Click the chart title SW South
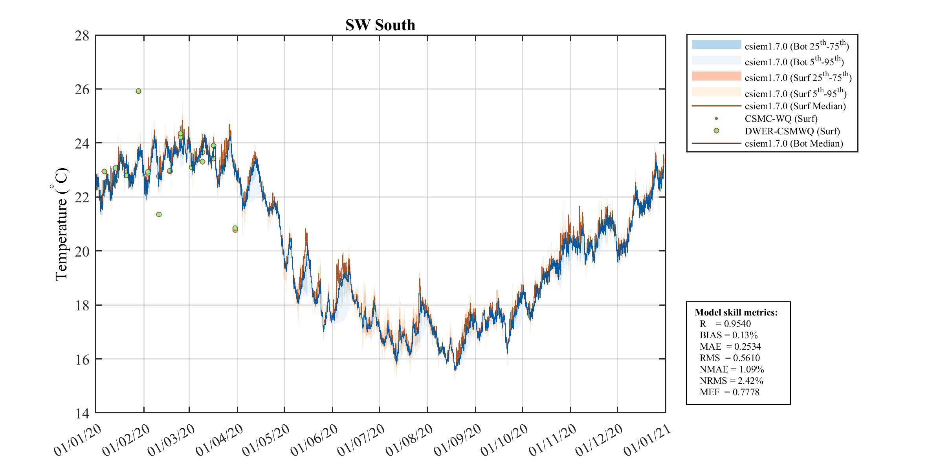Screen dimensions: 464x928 (380, 25)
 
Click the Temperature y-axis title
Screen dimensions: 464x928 (61, 224)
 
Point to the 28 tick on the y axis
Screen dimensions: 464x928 (82, 36)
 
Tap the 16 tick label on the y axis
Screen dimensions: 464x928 (82, 359)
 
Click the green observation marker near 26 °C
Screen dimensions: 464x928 (138, 91)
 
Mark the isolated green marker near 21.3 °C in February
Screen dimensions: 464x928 (159, 214)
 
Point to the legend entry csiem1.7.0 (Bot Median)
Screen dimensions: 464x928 (794, 143)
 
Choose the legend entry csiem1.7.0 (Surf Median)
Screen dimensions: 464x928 (795, 106)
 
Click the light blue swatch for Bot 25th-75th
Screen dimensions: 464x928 (716, 45)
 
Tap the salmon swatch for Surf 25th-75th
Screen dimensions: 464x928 (716, 76)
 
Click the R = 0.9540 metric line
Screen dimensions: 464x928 (725, 324)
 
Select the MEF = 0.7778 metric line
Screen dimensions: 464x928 (729, 392)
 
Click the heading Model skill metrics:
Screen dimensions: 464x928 (736, 312)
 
